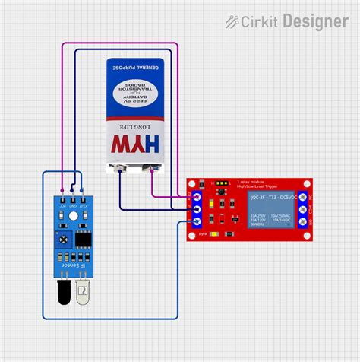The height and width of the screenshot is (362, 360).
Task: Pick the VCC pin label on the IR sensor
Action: [62, 203]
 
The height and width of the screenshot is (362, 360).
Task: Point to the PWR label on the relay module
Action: [203, 233]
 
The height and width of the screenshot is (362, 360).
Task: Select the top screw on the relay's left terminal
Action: [196, 196]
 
